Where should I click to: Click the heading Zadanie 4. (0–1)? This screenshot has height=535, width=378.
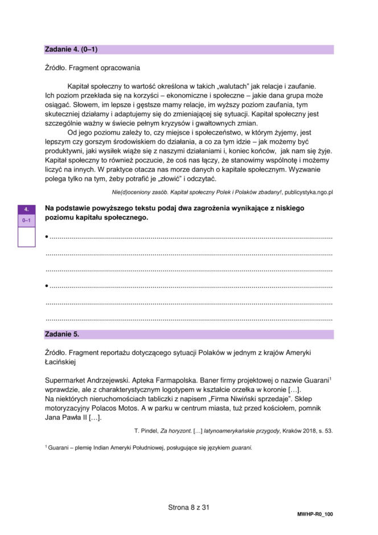point(71,50)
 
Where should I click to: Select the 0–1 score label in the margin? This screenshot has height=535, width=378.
point(26,220)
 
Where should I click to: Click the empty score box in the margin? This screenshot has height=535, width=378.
point(26,236)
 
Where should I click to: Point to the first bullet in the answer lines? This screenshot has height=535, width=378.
point(47,236)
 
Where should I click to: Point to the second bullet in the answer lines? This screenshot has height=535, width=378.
point(47,285)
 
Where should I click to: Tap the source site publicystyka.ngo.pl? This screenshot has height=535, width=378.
point(308,193)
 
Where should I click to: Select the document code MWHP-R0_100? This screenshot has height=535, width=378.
point(315,514)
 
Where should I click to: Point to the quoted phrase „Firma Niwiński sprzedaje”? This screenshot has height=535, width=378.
point(235,399)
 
